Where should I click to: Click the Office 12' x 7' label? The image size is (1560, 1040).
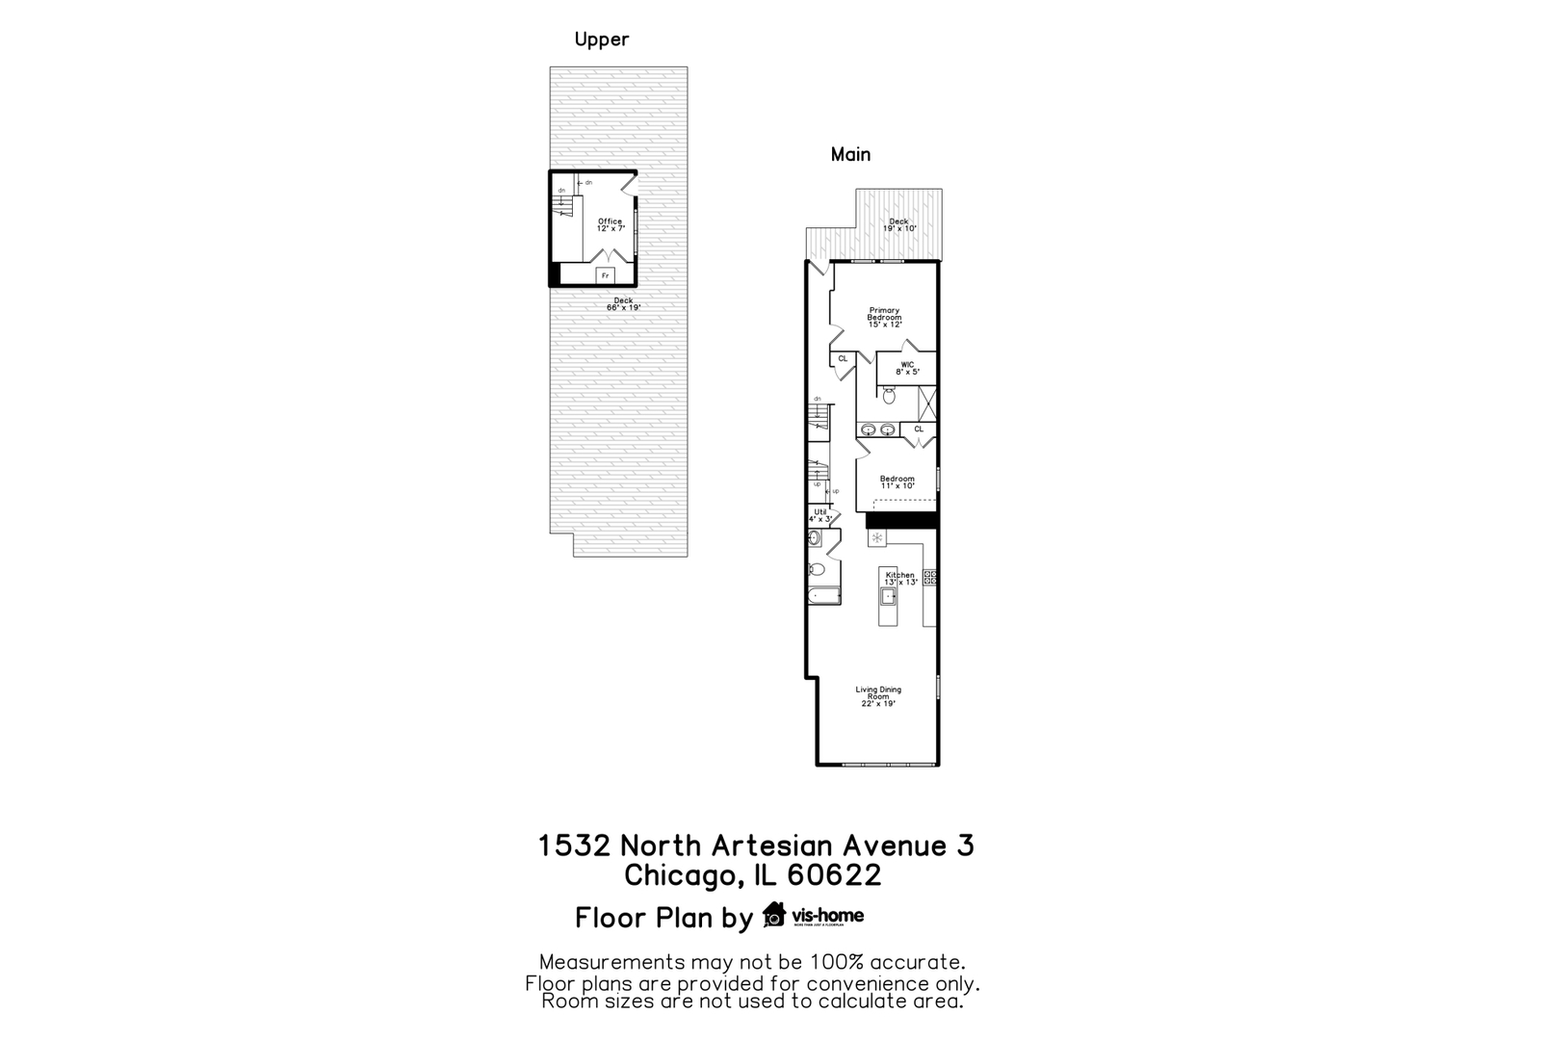(x=611, y=225)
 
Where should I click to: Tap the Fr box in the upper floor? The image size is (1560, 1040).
(x=605, y=276)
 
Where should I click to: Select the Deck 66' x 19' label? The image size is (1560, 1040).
(x=623, y=303)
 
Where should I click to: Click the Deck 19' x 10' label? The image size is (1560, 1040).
(x=898, y=225)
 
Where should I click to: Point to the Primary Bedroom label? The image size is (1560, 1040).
(x=883, y=318)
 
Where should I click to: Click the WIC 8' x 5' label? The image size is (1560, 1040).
(x=907, y=368)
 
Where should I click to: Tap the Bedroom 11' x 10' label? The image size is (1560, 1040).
(x=897, y=482)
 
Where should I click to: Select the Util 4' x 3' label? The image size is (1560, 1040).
(x=820, y=515)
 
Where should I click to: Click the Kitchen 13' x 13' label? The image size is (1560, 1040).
(x=900, y=579)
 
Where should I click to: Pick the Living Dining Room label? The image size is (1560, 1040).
(x=878, y=696)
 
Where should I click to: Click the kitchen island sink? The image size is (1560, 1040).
(x=889, y=596)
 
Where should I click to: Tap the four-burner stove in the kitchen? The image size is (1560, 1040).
(x=930, y=578)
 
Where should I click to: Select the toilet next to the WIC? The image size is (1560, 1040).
(x=889, y=395)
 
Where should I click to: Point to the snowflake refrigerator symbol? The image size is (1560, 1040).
(x=876, y=537)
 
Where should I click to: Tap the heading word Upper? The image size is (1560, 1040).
(x=602, y=39)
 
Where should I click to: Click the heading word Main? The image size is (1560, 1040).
(x=850, y=154)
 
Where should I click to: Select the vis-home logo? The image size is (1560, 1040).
(x=814, y=915)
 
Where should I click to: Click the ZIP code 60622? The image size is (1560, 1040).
(x=834, y=875)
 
